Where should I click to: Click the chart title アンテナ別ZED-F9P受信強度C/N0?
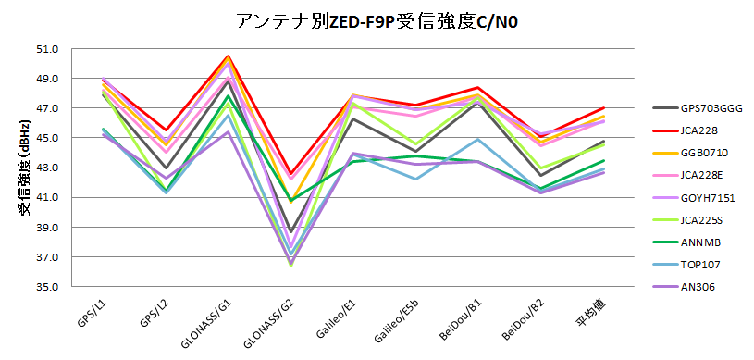[x=377, y=20]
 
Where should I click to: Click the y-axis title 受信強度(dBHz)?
[x=20, y=167]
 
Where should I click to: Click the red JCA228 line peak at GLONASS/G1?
[x=229, y=56]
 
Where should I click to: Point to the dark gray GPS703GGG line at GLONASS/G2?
[x=290, y=231]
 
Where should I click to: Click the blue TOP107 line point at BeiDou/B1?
[x=477, y=140]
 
